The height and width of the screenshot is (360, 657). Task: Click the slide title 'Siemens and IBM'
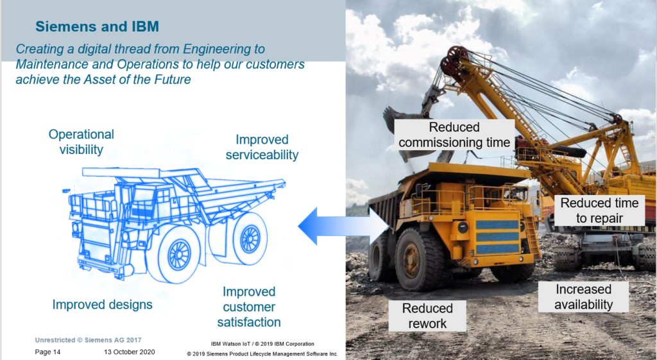[x=98, y=26]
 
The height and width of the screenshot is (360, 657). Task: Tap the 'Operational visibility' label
[x=81, y=142]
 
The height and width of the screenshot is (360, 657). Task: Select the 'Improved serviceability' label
[x=262, y=147]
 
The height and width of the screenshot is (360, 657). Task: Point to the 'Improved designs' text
[x=102, y=305]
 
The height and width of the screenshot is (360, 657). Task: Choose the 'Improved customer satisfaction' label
[x=249, y=307]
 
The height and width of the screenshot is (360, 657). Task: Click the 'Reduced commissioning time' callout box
[x=454, y=135]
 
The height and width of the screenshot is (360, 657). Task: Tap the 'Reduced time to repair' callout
[x=599, y=210]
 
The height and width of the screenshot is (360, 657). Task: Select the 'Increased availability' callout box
[x=583, y=296]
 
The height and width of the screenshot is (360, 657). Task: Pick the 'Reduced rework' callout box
[x=427, y=316]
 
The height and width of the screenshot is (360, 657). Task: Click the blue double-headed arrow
[x=344, y=227]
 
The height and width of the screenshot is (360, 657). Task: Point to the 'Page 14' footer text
[x=47, y=352]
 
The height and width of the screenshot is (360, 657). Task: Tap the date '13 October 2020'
[x=130, y=352]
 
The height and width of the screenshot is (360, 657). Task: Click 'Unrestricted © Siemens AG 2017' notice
[x=88, y=340]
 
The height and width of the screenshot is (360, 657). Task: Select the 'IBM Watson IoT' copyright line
[x=262, y=344]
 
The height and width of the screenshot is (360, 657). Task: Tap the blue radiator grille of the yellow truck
[x=497, y=236]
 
